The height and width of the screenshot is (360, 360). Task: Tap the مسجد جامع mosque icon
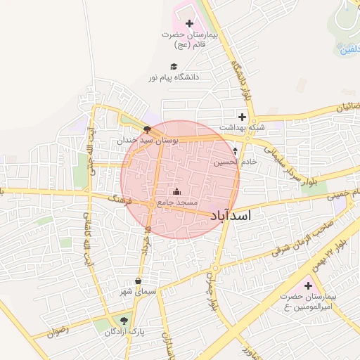click(x=176, y=192)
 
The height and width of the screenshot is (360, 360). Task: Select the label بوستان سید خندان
click(x=150, y=141)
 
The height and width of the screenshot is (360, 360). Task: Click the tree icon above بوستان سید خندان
click(x=146, y=129)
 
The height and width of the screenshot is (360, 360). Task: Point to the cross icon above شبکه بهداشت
click(x=242, y=117)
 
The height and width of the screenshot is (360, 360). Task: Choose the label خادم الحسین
click(x=231, y=162)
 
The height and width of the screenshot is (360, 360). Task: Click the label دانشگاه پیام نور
click(x=173, y=76)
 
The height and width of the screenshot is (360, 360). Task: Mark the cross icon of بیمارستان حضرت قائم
click(x=188, y=24)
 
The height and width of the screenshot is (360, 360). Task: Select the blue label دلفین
click(x=348, y=50)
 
